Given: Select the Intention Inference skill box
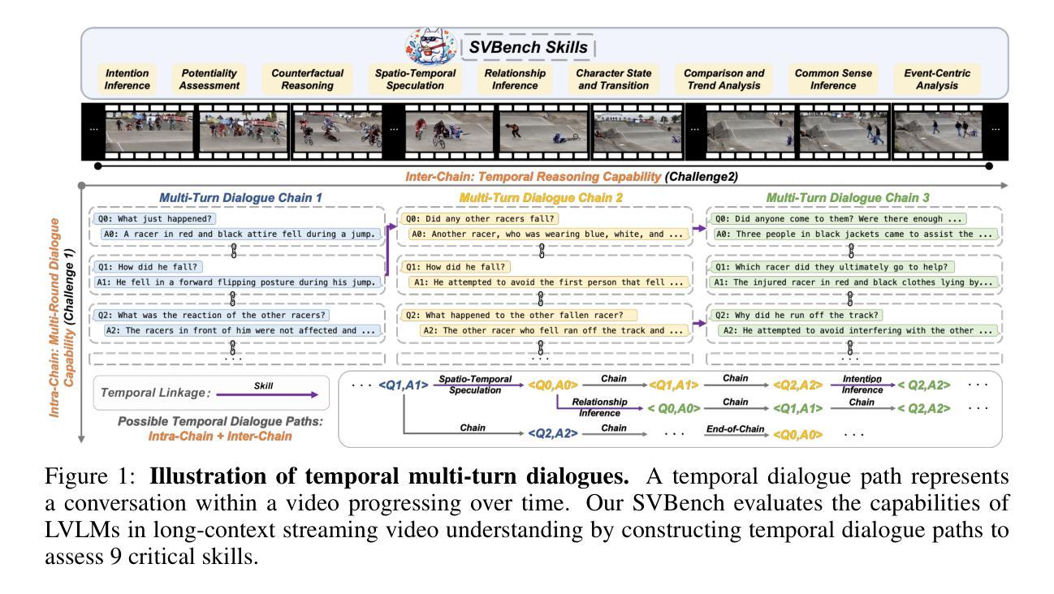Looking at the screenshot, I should (x=127, y=79).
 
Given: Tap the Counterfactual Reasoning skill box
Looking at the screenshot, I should (x=307, y=79).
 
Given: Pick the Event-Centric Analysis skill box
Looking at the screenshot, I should (x=936, y=79).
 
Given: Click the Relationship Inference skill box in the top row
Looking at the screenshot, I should (x=515, y=79).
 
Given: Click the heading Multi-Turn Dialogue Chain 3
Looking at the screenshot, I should (x=849, y=197).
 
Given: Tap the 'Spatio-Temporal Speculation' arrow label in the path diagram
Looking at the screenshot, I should (x=476, y=384).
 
